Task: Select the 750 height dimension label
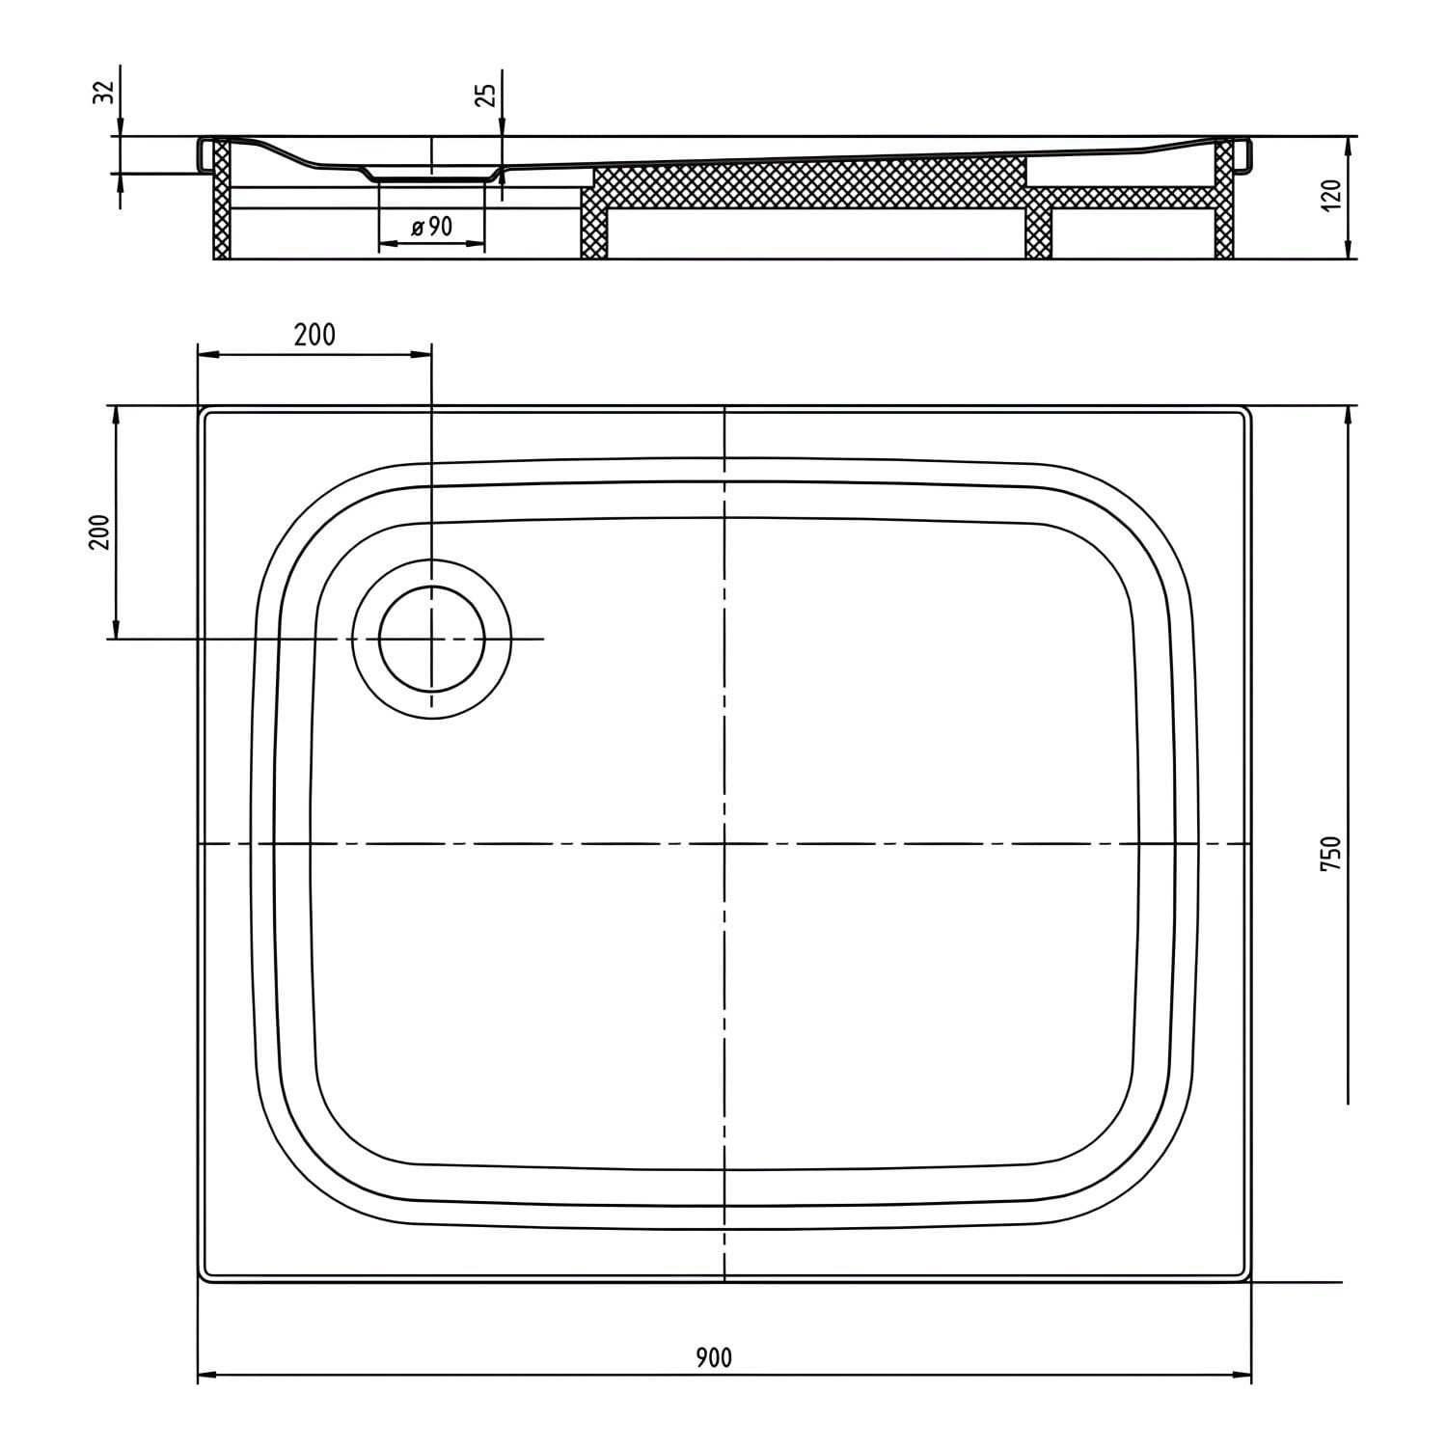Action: pos(1331,855)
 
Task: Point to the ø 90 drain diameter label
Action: pos(431,228)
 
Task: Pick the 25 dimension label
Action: pos(487,95)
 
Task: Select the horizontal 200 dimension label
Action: pos(314,335)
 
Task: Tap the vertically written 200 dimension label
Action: pos(100,532)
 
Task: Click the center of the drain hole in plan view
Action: pos(431,639)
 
